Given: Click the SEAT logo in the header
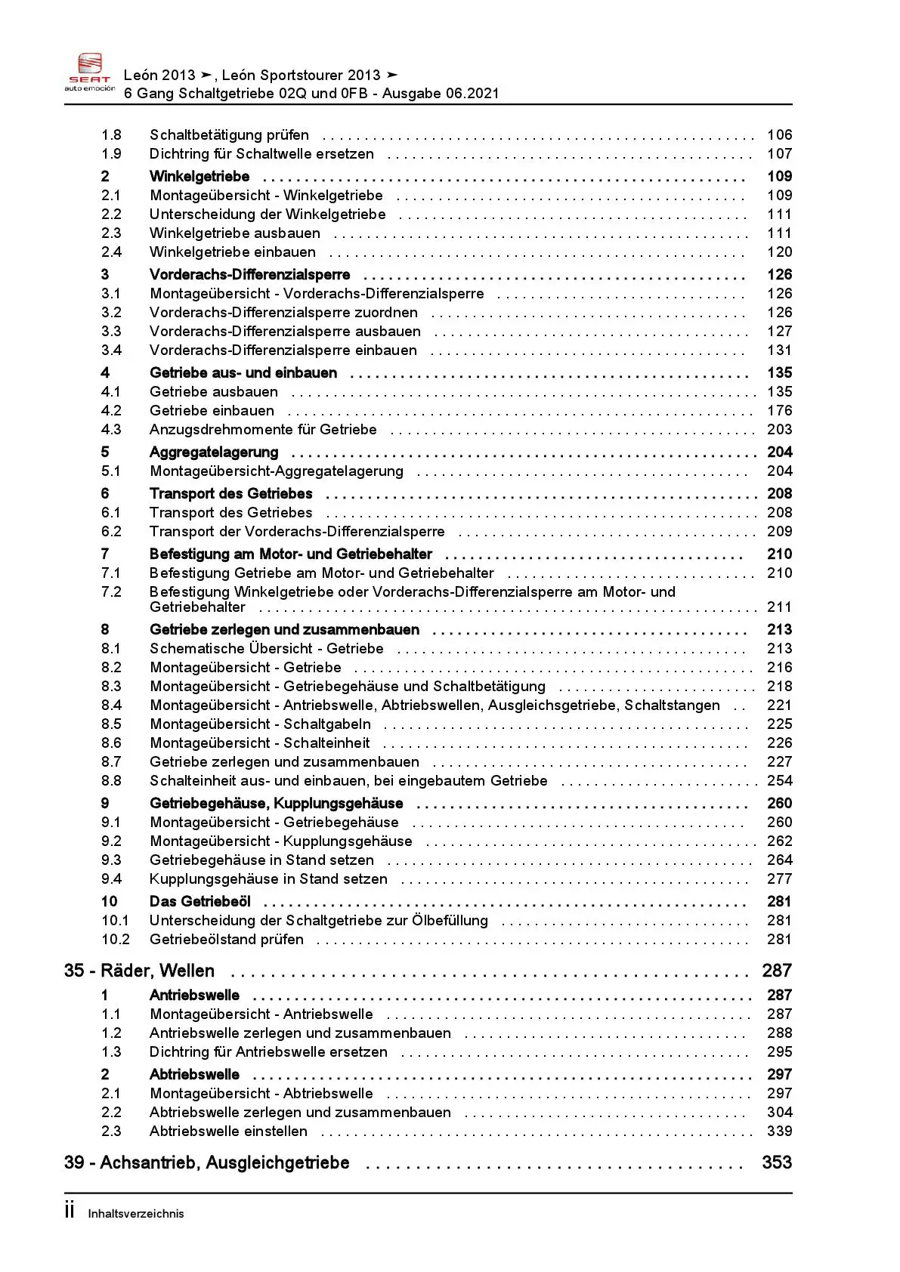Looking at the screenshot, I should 89,73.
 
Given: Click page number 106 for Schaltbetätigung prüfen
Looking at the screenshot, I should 779,135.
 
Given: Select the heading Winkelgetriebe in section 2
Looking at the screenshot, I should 199,177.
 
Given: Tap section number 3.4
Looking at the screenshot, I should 111,350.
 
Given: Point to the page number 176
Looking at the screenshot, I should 779,411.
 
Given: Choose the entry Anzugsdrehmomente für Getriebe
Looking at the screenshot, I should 263,430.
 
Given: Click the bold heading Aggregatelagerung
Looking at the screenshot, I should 214,452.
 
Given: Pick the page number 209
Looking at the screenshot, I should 779,532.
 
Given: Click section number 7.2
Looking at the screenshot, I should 111,592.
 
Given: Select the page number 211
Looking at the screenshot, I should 779,607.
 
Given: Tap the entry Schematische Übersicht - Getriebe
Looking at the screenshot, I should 267,649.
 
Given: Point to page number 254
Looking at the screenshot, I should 779,781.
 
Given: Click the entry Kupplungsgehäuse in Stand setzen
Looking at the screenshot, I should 268,879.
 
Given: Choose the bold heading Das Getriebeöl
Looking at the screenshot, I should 200,902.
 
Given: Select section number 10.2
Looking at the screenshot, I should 116,940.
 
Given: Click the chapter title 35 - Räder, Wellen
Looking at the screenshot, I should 140,971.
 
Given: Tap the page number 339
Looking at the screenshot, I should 779,1132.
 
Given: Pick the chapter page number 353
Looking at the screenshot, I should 777,1162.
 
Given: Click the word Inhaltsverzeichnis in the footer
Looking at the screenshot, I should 136,1214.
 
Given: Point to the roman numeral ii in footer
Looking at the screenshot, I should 70,1212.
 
